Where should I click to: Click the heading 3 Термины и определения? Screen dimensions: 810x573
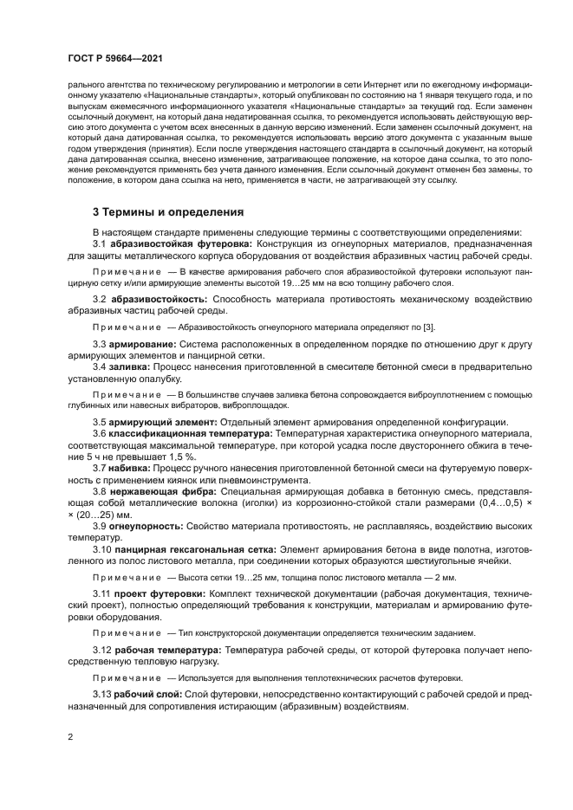pos(167,211)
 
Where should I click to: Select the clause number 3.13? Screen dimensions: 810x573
pos(103,694)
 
